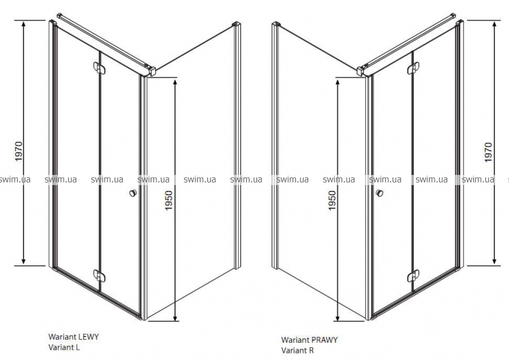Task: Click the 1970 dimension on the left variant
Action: coord(19,151)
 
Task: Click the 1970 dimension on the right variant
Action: coord(488,152)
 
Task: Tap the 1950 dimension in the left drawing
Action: coord(169,200)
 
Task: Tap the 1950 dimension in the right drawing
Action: coord(331,200)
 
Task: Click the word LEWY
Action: coord(88,336)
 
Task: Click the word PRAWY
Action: coord(324,340)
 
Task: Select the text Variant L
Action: coord(64,347)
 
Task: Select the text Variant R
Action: coord(298,350)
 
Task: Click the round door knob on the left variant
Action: coord(133,193)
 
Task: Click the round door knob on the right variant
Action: coord(379,193)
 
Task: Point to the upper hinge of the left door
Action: coord(99,67)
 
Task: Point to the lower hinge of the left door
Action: coord(99,275)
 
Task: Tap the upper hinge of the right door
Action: coord(413,68)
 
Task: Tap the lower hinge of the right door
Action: coord(413,275)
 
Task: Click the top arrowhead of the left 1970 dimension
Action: coord(24,24)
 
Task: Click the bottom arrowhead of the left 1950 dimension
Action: coord(176,317)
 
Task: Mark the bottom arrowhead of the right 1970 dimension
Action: coord(494,261)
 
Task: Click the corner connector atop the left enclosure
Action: coord(151,71)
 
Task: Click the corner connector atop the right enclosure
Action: coord(362,71)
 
